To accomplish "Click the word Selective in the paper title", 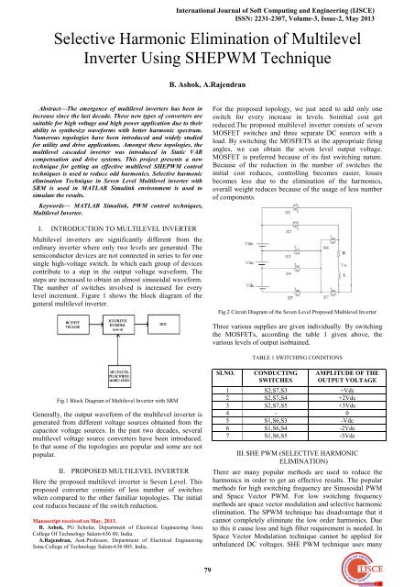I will [x=84, y=42].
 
